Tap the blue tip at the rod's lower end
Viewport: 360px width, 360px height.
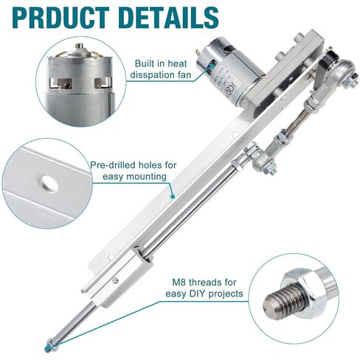click(49, 345)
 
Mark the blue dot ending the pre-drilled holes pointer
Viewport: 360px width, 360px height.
click(172, 197)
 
